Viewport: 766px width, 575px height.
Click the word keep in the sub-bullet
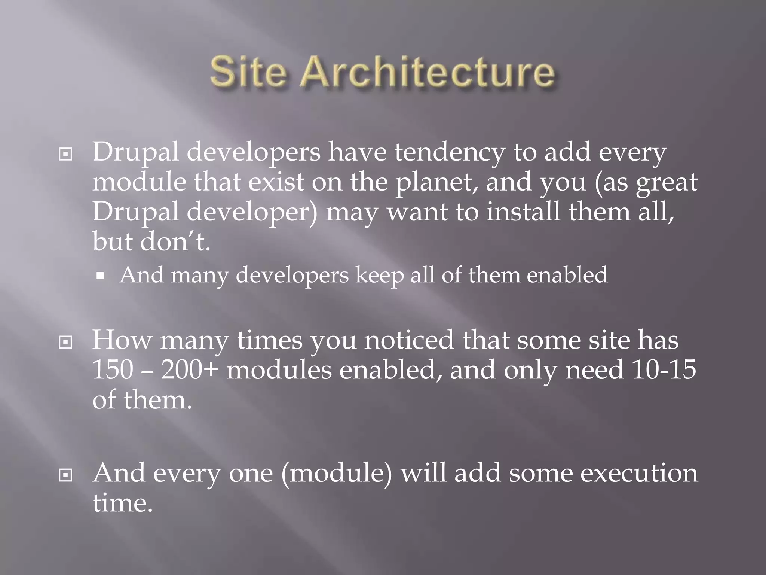click(379, 275)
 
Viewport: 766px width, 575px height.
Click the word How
click(122, 340)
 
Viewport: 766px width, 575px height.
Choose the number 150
click(113, 370)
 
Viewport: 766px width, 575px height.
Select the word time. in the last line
click(123, 503)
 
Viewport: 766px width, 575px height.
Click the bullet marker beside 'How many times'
click(66, 342)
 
